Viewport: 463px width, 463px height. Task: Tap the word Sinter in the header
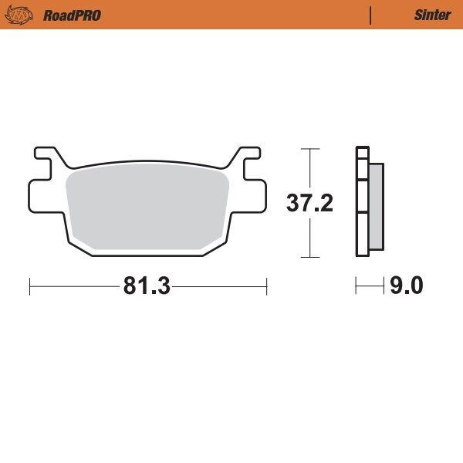[432, 15]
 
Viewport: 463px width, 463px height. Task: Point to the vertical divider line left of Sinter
[371, 15]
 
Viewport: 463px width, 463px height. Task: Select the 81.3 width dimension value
[146, 286]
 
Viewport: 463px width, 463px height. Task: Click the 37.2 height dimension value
[309, 203]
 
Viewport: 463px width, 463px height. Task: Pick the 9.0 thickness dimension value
[406, 286]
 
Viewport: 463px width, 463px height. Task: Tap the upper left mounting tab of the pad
[44, 157]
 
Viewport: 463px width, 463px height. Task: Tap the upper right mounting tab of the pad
[249, 157]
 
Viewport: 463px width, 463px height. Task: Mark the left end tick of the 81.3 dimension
[29, 287]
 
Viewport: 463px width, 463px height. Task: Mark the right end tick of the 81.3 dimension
[266, 287]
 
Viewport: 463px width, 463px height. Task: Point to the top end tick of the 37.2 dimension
[309, 149]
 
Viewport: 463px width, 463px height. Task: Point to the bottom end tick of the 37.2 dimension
[309, 257]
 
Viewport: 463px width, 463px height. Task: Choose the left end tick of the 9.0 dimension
[356, 287]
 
